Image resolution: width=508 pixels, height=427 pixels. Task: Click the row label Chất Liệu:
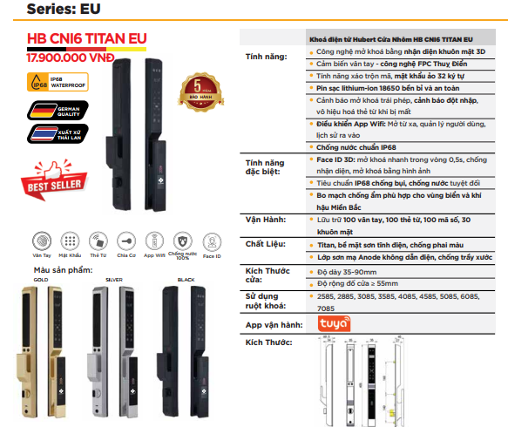267,244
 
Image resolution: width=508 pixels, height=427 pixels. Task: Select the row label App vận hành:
274,325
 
